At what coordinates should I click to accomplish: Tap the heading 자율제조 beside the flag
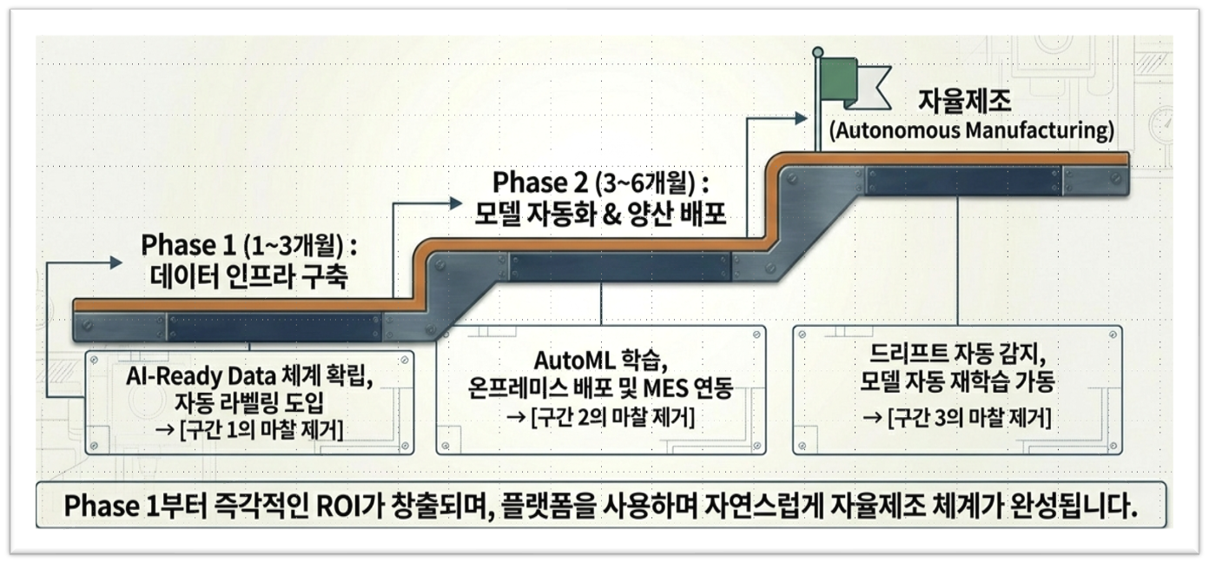[x=964, y=103]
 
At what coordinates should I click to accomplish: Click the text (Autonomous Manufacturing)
[x=971, y=132]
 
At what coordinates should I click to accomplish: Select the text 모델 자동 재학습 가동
[x=956, y=381]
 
